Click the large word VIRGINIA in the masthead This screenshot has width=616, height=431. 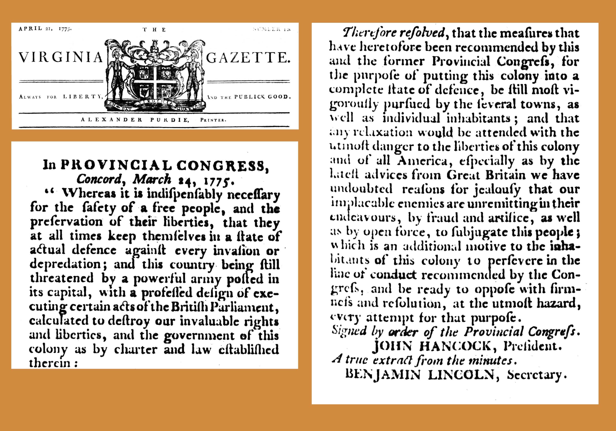click(61, 57)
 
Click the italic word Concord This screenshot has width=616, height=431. click(99, 179)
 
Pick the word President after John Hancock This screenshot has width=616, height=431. click(532, 346)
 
